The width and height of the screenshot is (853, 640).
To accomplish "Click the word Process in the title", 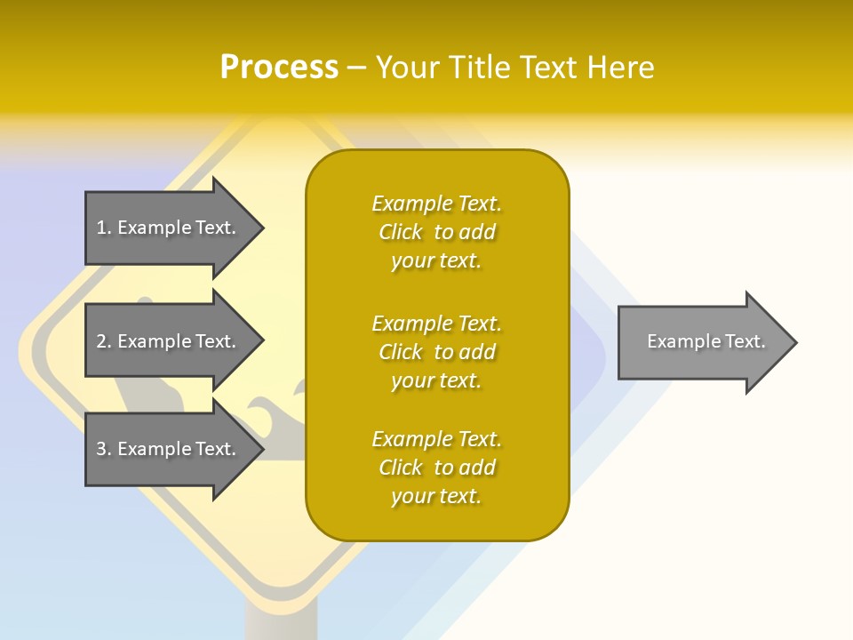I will click(x=279, y=68).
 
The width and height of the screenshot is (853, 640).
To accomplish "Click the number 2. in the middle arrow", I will click(x=103, y=341).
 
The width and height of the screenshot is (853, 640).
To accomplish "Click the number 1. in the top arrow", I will click(x=103, y=228).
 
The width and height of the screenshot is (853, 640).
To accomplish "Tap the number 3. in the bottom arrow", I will click(x=103, y=449).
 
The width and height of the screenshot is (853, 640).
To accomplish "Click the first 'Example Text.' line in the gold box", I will click(x=436, y=204).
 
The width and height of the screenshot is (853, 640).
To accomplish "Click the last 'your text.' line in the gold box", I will click(x=436, y=496).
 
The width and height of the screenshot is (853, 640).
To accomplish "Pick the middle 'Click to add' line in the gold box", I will click(x=436, y=352).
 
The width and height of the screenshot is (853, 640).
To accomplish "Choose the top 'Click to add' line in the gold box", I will click(x=436, y=232).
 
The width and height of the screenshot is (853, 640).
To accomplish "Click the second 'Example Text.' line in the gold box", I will click(x=436, y=324).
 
